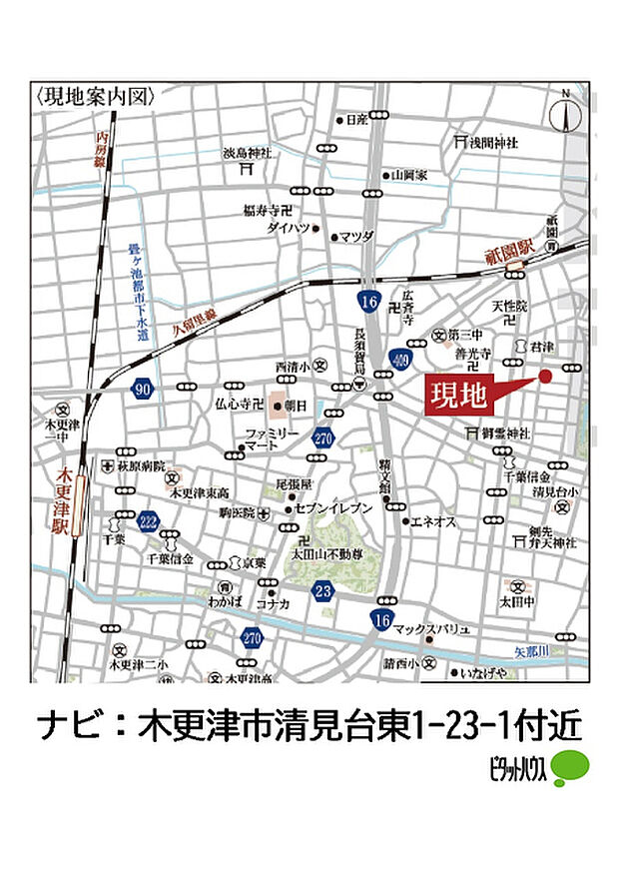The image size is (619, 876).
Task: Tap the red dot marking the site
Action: click(x=545, y=376)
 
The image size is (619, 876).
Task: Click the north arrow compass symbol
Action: click(x=566, y=113)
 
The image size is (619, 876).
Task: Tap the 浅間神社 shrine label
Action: click(x=494, y=143)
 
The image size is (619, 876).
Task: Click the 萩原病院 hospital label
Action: click(x=145, y=466)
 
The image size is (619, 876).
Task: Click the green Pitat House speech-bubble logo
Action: click(x=572, y=766)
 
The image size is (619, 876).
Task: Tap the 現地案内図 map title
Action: click(x=96, y=97)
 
